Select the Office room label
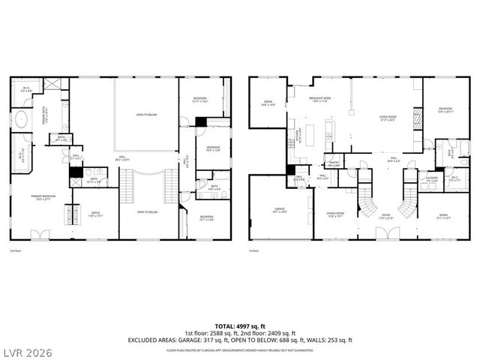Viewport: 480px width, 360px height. (x=95, y=214)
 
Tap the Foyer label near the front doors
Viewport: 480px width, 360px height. (x=387, y=217)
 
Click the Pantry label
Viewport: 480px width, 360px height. (x=334, y=163)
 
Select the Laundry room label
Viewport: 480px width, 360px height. (x=431, y=180)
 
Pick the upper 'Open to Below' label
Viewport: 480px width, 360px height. (x=146, y=115)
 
